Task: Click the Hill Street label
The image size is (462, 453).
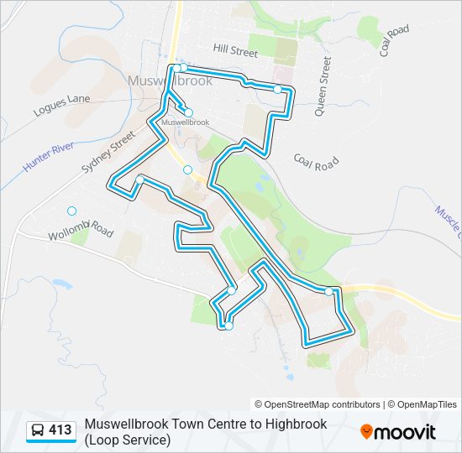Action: [235, 51]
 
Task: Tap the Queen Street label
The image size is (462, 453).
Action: [323, 86]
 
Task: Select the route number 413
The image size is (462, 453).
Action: [60, 430]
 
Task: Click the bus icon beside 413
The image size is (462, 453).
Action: [38, 431]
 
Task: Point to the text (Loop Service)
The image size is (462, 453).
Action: [127, 439]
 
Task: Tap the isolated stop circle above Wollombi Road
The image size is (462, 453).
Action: [72, 211]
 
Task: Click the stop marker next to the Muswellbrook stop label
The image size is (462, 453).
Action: [188, 112]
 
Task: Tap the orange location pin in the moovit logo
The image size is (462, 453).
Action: [367, 432]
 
